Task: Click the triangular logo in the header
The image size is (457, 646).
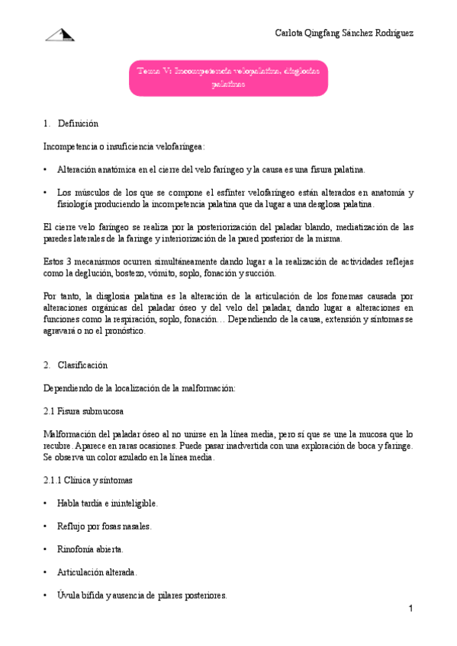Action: coord(60,34)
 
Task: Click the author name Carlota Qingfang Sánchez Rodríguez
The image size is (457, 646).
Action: coord(344,33)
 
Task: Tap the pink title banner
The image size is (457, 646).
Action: coord(228,78)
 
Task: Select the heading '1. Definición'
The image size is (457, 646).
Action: coord(72,123)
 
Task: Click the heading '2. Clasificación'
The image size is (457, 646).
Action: coord(76,366)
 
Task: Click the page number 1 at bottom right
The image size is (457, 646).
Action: coord(410,609)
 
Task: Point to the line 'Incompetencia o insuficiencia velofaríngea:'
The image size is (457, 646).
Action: coord(124,146)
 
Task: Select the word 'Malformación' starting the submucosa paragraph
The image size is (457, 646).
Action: coord(71,433)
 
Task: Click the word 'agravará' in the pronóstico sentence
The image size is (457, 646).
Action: coord(61,331)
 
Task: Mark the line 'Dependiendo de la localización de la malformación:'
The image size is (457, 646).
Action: coord(141,388)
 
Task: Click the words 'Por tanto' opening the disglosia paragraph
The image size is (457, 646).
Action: coord(61,295)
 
